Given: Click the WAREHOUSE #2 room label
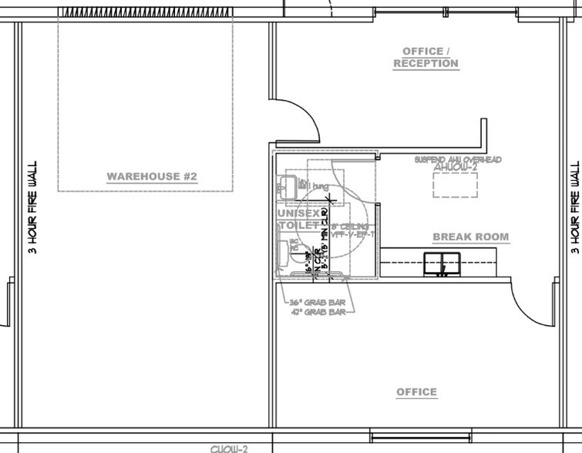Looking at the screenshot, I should click(152, 177).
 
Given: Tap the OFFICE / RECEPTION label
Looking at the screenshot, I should click(426, 57).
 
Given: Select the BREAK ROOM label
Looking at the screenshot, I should click(470, 237).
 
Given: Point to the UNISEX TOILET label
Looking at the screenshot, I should click(297, 219).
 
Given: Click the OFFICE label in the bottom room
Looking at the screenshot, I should click(416, 392).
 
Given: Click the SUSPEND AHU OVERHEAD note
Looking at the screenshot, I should click(458, 159).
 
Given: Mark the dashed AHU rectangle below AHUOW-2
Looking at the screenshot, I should click(455, 186).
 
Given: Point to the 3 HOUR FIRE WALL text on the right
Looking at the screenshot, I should click(574, 206).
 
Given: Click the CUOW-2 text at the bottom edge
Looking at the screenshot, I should click(229, 448).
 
